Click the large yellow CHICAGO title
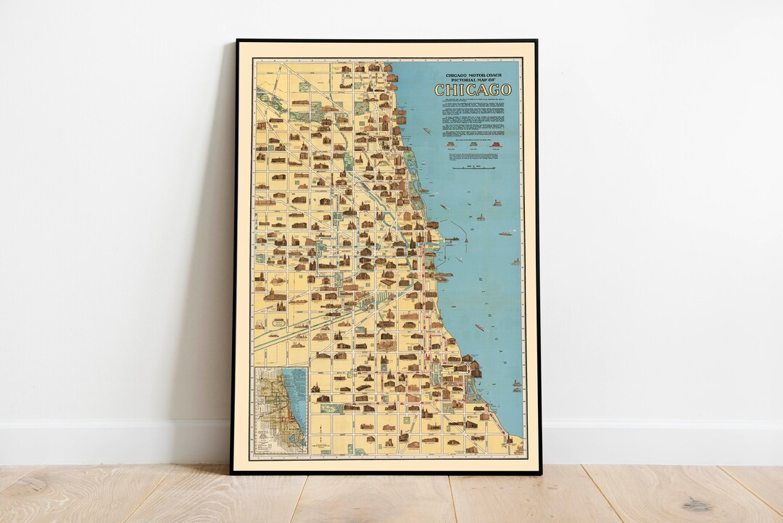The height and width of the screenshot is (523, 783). click(x=473, y=90)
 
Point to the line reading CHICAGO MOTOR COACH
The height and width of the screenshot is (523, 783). click(x=473, y=75)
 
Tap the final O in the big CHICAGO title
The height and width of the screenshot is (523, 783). click(x=505, y=90)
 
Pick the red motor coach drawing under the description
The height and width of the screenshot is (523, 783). click(x=496, y=144)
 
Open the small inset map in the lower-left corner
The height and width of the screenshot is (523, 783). click(x=280, y=411)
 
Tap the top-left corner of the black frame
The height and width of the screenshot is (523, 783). click(x=236, y=41)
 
